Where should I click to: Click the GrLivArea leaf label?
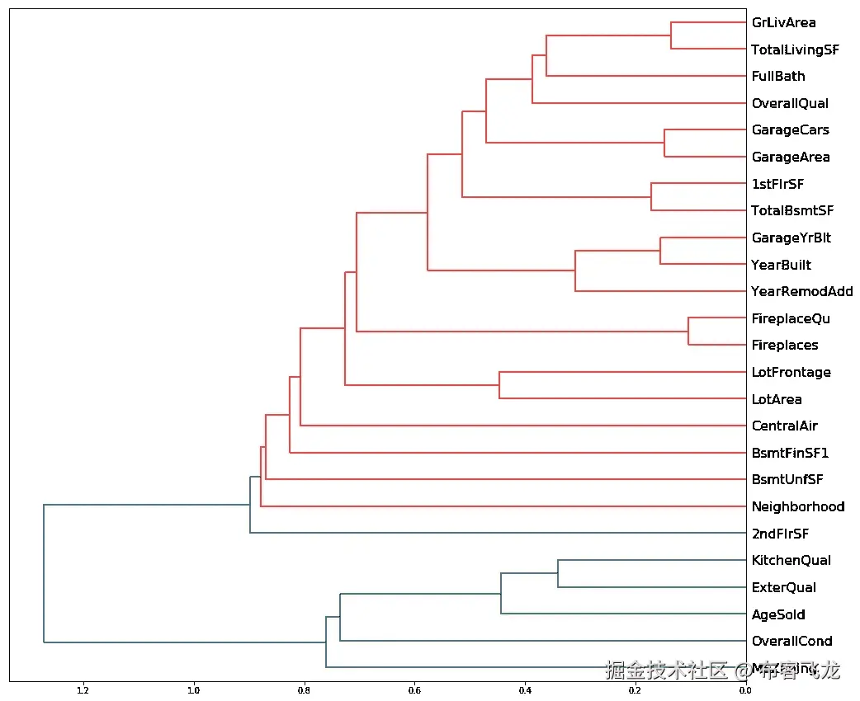click(783, 23)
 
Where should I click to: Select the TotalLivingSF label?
click(795, 50)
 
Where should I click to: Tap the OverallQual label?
click(790, 104)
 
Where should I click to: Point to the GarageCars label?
click(790, 130)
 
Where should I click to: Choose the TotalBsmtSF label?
click(792, 211)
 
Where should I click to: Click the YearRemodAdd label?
click(801, 292)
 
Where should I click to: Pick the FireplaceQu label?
click(791, 319)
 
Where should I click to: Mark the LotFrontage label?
click(791, 373)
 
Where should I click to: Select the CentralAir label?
click(784, 426)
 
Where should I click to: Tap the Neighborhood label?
click(797, 506)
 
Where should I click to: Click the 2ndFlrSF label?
click(780, 534)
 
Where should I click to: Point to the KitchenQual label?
click(791, 561)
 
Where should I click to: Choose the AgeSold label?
click(777, 614)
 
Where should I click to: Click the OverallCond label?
click(791, 642)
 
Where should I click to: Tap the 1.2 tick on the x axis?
click(83, 691)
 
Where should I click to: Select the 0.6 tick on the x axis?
click(414, 691)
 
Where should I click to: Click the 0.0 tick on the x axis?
click(745, 691)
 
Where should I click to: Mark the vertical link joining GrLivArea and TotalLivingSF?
click(671, 36)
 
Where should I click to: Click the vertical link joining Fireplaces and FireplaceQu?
click(688, 332)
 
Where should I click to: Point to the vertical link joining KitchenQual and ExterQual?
click(558, 574)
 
